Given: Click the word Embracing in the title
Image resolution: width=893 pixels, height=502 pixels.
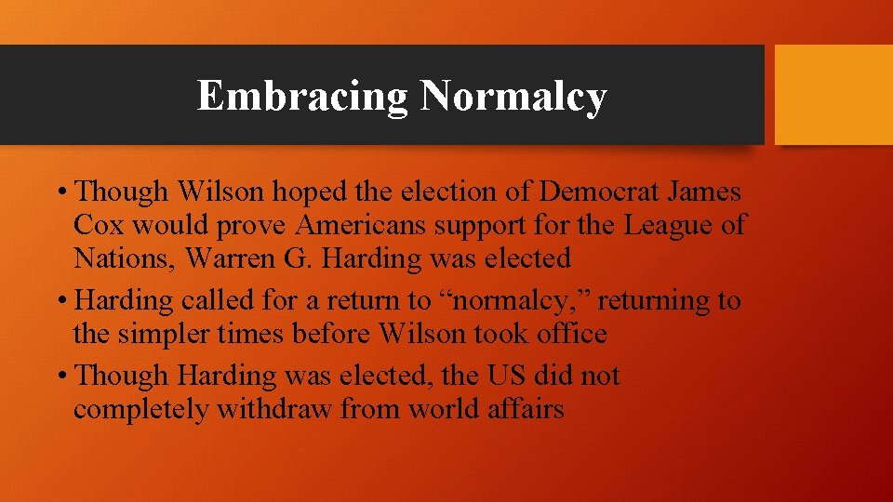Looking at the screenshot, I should [302, 96].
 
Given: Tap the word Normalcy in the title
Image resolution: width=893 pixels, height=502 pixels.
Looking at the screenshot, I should [513, 96].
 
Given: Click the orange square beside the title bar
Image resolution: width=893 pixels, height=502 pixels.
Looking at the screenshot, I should [833, 95].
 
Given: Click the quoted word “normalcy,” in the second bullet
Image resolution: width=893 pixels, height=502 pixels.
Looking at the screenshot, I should [519, 301].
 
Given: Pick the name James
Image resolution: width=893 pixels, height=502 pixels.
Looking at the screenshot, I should [709, 192].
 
